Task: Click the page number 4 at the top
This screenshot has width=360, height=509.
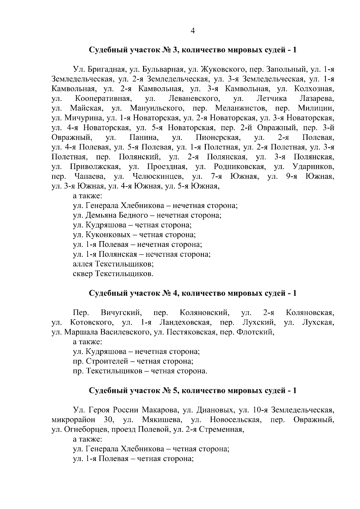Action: pos(193,31)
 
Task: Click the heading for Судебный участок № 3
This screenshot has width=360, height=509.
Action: pos(193,50)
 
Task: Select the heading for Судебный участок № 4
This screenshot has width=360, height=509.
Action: pos(193,293)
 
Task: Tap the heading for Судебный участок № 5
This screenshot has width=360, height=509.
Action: pos(193,391)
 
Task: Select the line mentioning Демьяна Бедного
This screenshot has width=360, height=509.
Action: pos(147,215)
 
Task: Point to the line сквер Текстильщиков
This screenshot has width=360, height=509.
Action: pos(113,274)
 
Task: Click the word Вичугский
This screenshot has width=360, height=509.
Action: pos(121,313)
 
